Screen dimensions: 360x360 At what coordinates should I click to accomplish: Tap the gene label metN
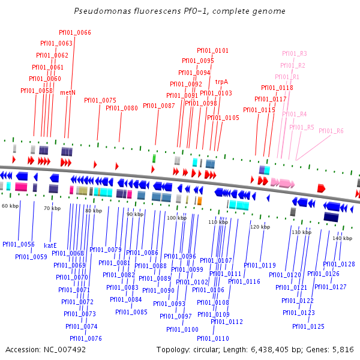pos(68,92)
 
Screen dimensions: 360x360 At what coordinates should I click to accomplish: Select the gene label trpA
pos(221,82)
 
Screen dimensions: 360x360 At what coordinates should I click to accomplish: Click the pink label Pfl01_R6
pos(331,131)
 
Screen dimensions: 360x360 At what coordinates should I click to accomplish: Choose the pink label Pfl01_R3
pos(294,53)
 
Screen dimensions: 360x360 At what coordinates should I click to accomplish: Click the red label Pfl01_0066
pos(75,32)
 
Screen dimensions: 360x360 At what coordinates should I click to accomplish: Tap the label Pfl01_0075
pos(100,100)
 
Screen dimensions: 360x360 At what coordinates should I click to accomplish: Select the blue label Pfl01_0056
pos(18,244)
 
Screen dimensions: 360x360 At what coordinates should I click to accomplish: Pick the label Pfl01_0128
pos(339,264)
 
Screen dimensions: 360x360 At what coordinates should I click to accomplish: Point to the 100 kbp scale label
pos(172,218)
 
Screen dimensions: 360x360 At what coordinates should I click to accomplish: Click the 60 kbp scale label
pos(10,206)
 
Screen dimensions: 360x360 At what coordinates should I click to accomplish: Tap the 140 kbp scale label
pos(342,238)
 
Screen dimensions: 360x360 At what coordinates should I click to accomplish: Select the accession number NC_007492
pos(63,349)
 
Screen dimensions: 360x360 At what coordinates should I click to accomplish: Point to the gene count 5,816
pos(343,349)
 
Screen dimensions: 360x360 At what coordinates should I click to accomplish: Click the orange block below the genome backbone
pos(199,200)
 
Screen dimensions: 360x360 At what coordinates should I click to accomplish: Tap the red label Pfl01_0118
pos(277,88)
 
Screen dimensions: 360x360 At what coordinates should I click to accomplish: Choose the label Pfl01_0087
pos(158,106)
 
